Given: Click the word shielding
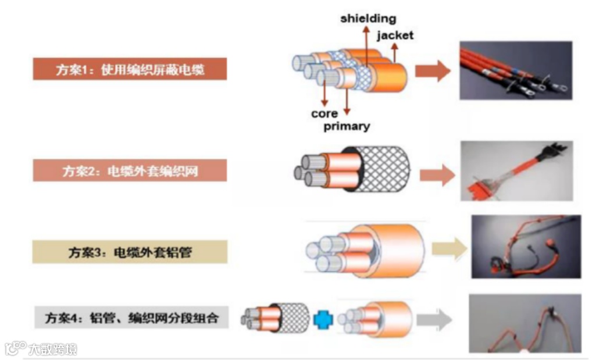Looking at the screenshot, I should coord(368,19).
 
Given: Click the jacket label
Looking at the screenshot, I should coord(395,35).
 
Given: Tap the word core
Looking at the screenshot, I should coord(324,113).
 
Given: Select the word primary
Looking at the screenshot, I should coord(347,126).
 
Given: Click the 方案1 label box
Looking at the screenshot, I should coord(129,70).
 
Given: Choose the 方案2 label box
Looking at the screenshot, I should coord(129,172).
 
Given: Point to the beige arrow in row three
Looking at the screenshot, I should coord(450,248).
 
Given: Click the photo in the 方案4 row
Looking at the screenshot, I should coord(525,323).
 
